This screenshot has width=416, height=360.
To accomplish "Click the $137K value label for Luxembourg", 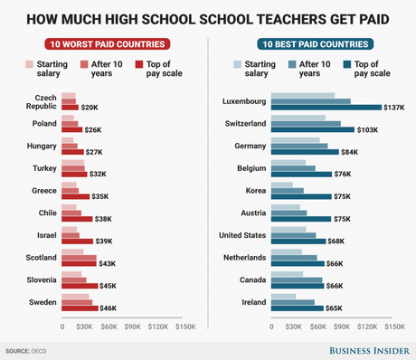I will (x=394, y=108).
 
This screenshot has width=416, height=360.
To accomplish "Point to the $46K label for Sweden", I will (x=108, y=308).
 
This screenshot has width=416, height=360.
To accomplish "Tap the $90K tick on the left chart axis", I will (x=133, y=327).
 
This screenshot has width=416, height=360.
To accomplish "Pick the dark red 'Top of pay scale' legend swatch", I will (x=139, y=64).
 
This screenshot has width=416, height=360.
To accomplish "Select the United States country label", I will (x=242, y=236).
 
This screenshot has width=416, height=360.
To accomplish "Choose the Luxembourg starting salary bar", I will (x=303, y=95).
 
